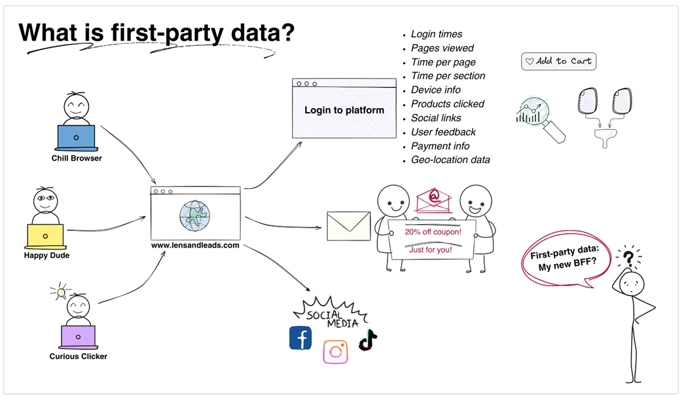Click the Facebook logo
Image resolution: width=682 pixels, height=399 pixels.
pyautogui.click(x=300, y=338)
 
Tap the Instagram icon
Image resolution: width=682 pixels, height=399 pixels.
pyautogui.click(x=335, y=352)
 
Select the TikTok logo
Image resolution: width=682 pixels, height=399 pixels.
pyautogui.click(x=368, y=340)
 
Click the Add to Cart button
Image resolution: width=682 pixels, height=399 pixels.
pyautogui.click(x=558, y=62)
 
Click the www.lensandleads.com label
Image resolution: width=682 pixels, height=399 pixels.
pyautogui.click(x=195, y=246)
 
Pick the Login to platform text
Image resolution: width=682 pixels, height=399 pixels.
pyautogui.click(x=344, y=110)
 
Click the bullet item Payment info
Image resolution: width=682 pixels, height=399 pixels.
pyautogui.click(x=440, y=146)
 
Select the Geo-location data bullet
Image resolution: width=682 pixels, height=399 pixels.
pyautogui.click(x=450, y=160)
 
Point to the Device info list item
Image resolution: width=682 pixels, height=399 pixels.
pyautogui.click(x=436, y=90)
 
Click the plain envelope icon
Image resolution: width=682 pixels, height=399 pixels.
pyautogui.click(x=348, y=223)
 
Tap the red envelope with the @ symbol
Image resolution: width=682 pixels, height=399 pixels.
pyautogui.click(x=433, y=199)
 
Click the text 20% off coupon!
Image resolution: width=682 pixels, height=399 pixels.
pyautogui.click(x=433, y=232)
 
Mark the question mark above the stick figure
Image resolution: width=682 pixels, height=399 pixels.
pyautogui.click(x=628, y=258)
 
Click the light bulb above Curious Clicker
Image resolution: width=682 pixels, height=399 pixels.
pyautogui.click(x=62, y=290)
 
